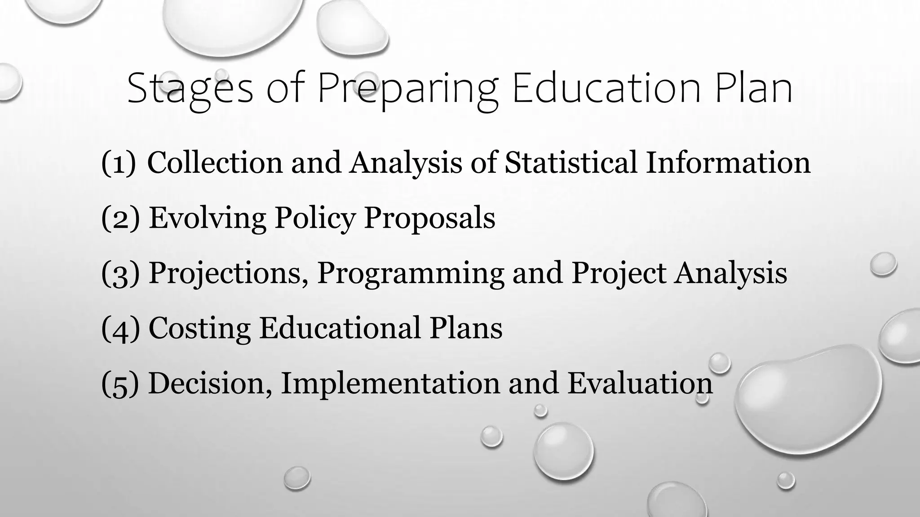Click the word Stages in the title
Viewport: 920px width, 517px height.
tap(190, 89)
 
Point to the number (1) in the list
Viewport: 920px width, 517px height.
tap(119, 162)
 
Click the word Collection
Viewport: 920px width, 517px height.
tap(215, 162)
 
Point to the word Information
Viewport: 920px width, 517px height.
tap(728, 162)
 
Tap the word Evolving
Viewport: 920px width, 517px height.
tap(207, 218)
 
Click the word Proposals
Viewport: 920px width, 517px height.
tap(429, 218)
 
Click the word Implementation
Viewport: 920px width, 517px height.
tap(390, 384)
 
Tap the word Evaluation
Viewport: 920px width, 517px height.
tap(640, 384)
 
